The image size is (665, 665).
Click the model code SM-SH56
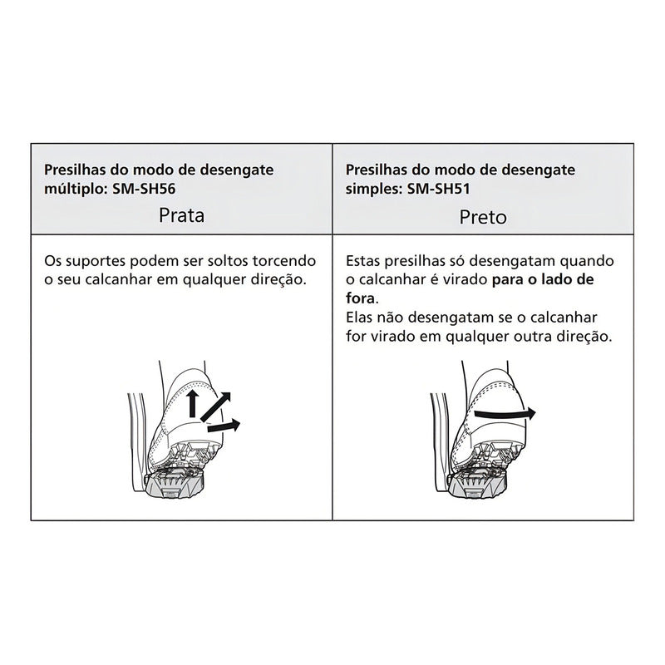[144, 189]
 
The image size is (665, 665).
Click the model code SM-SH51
[439, 189]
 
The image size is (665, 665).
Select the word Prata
[181, 215]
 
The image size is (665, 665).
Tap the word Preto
[483, 217]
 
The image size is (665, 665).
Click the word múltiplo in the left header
[74, 189]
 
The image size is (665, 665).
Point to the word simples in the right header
[372, 190]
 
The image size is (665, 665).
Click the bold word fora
[361, 298]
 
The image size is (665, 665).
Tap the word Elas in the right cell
[359, 318]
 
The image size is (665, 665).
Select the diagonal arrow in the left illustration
[215, 406]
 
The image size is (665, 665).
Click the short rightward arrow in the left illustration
[224, 426]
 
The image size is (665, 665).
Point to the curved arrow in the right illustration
[505, 413]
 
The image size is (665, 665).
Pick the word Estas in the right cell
[362, 260]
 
